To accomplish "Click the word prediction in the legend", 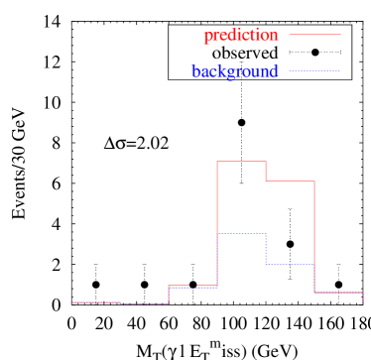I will point(241,36).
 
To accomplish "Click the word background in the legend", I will point(235,71).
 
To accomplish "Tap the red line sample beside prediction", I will point(314,35).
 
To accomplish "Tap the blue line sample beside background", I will point(314,70).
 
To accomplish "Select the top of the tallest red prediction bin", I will point(241,161).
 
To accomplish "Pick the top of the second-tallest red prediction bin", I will point(290,180).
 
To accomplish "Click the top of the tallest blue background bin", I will point(241,233).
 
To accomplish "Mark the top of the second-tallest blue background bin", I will point(290,264).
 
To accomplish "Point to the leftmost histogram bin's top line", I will point(96,301).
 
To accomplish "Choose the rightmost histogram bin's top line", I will point(338,293).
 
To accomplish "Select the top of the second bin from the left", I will point(144,303).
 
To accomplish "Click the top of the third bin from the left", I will point(192,286).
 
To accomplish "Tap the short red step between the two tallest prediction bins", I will point(266,171).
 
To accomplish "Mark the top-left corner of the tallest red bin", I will point(217,161).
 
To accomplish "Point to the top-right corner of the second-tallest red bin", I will point(313,180).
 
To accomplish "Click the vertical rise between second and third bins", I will point(169,295).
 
